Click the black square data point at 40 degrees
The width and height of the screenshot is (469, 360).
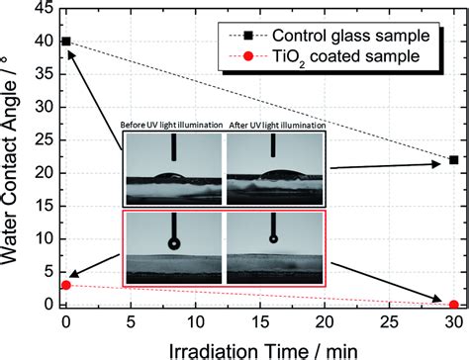point(66,42)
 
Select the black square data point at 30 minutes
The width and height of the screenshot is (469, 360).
point(453,160)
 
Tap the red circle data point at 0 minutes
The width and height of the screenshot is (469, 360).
point(66,285)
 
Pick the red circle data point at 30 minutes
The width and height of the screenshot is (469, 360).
point(453,305)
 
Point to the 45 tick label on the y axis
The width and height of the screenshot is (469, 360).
point(42,9)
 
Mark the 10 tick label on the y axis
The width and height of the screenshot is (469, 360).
point(42,239)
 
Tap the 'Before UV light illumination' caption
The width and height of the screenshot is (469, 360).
point(174,126)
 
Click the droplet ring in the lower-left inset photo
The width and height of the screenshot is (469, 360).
point(174,242)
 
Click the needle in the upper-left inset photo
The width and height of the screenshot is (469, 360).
point(174,148)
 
